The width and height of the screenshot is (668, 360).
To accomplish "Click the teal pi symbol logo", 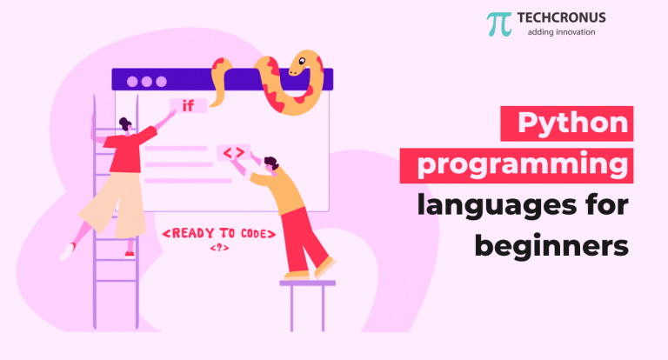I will pyautogui.click(x=499, y=23).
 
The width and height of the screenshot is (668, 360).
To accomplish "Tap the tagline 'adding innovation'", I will pyautogui.click(x=563, y=33).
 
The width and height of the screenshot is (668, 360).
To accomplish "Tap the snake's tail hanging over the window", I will pyautogui.click(x=218, y=87).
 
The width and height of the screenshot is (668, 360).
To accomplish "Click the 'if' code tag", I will pyautogui.click(x=188, y=106).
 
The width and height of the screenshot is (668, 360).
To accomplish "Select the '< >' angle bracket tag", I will pyautogui.click(x=233, y=153).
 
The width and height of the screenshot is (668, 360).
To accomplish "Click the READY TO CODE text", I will pyautogui.click(x=219, y=233).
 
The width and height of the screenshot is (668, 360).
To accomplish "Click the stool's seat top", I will pyautogui.click(x=307, y=282).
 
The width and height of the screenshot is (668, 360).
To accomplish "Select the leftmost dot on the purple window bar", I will pyautogui.click(x=132, y=81).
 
